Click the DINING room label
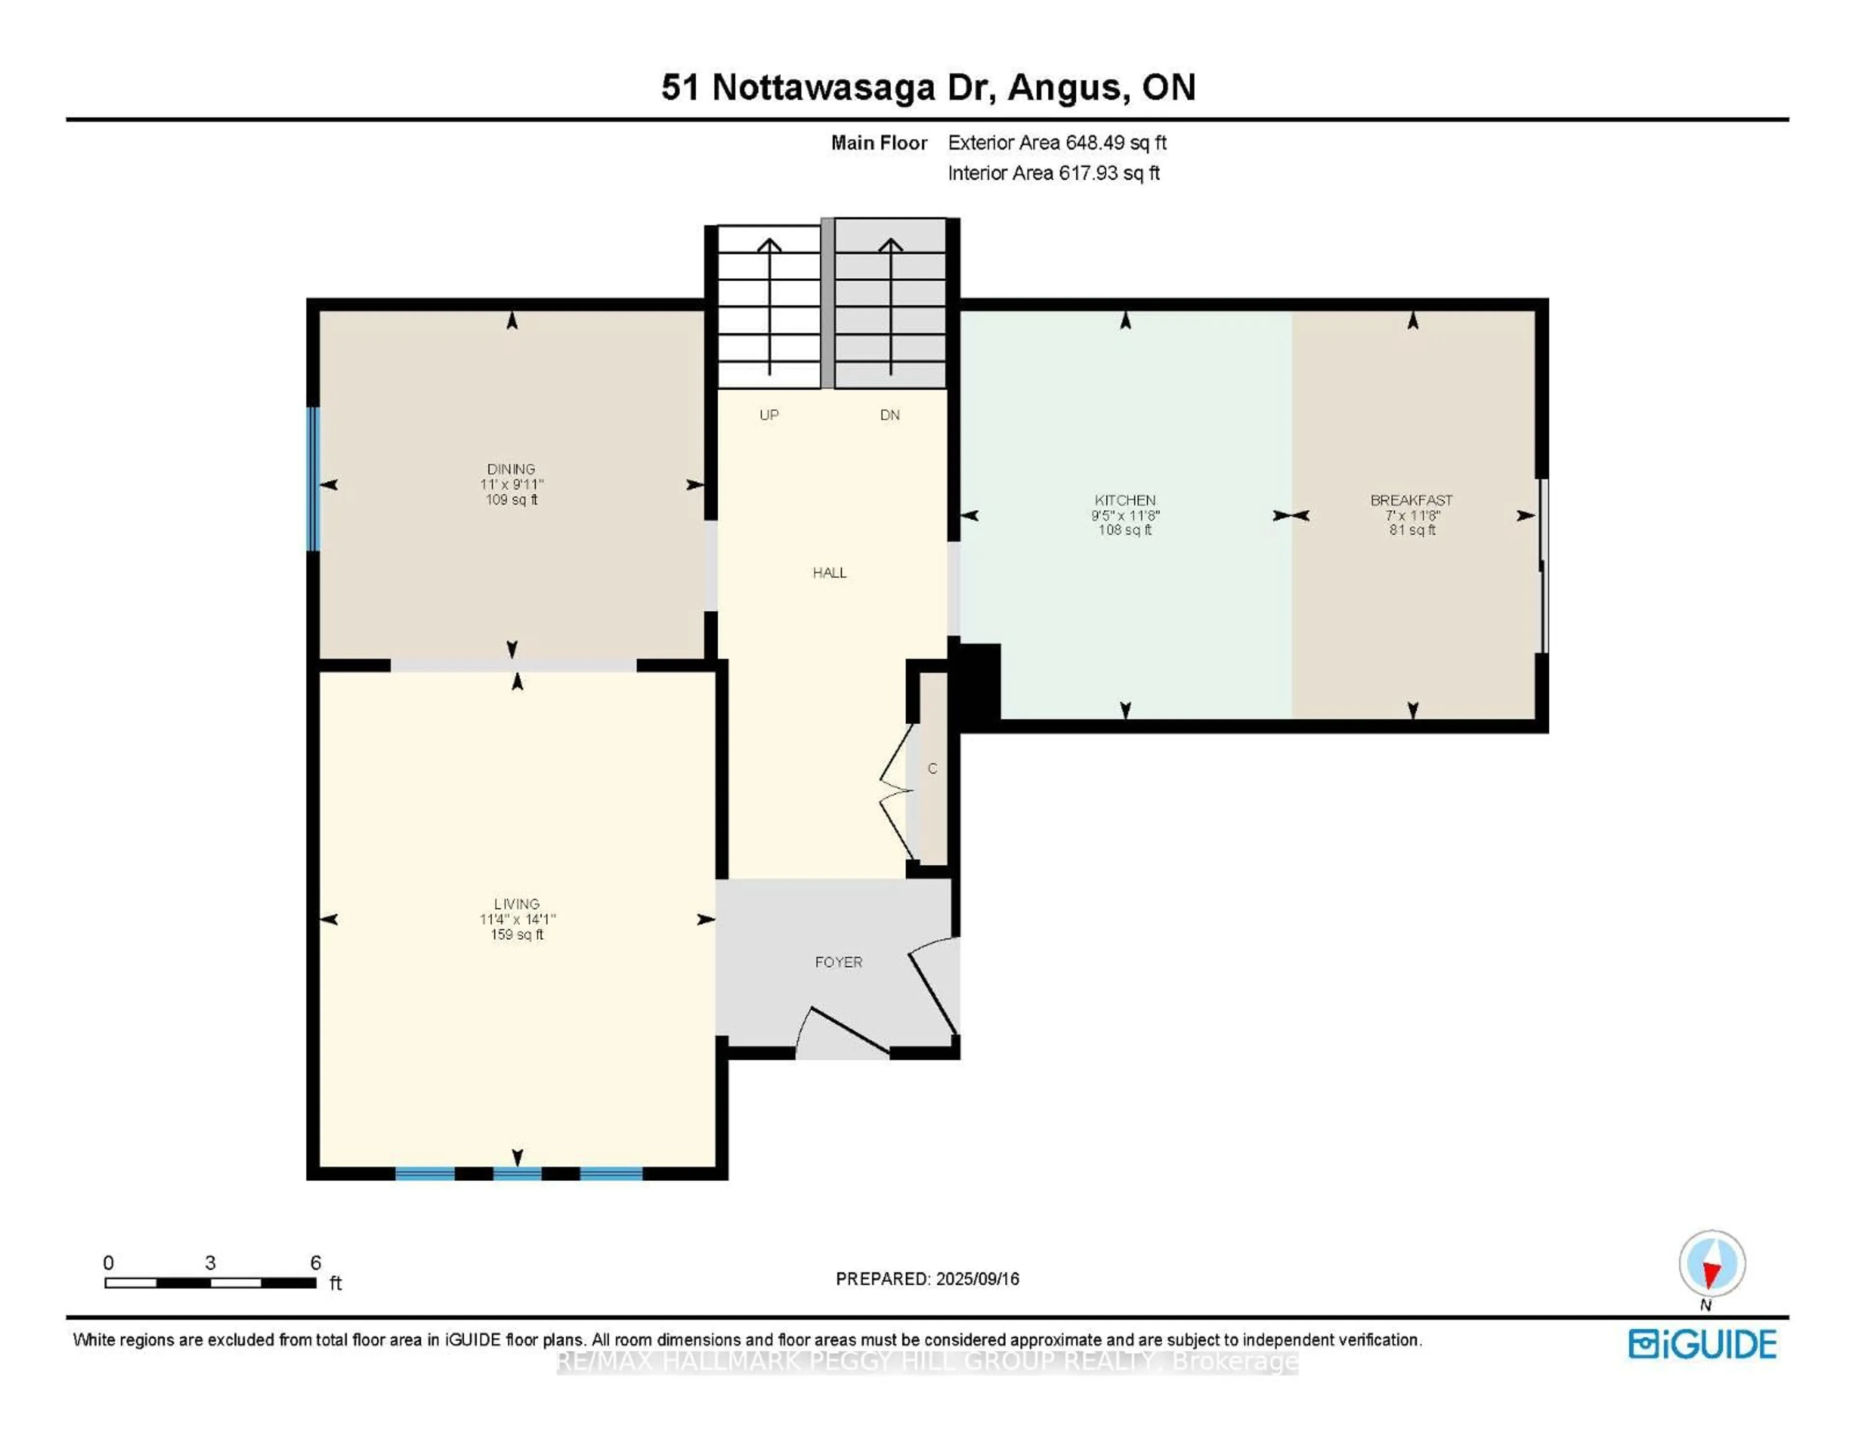pos(511,469)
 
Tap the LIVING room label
pos(516,904)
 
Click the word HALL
pos(829,573)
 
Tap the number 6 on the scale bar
pos(315,1263)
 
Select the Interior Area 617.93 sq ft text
pos(1053,173)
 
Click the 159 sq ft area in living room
pos(516,934)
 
